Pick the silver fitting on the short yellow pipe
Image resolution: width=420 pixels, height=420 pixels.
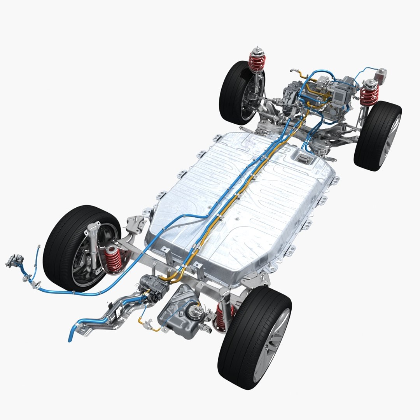point(148,322)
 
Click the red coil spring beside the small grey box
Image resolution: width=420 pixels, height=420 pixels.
point(369,95)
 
